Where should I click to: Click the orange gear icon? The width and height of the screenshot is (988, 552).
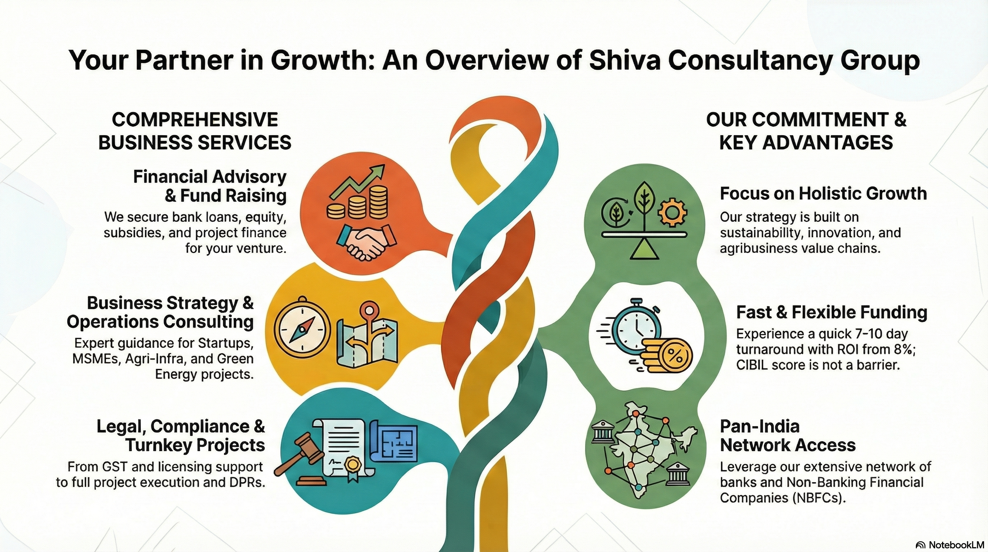coord(672,212)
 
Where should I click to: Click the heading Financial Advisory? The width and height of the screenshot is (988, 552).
coord(210,177)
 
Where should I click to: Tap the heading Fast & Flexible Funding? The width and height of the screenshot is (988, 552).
coord(831,312)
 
